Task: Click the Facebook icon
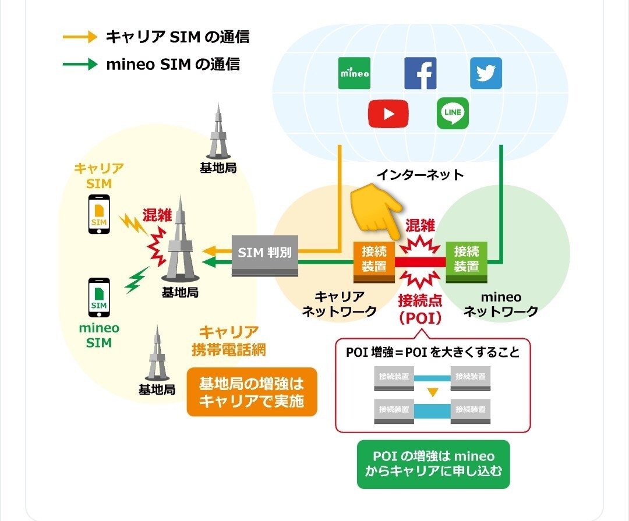pyautogui.click(x=420, y=73)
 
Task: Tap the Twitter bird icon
pyautogui.click(x=486, y=73)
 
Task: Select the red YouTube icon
pyautogui.click(x=388, y=113)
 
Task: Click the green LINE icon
pyautogui.click(x=453, y=113)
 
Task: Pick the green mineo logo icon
pyautogui.click(x=354, y=73)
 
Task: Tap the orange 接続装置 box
pyautogui.click(x=374, y=260)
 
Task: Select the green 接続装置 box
pyautogui.click(x=466, y=260)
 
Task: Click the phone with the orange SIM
pyautogui.click(x=99, y=214)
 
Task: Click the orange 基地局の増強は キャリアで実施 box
pyautogui.click(x=252, y=392)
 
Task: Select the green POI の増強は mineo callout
pyautogui.click(x=433, y=463)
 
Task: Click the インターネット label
pyautogui.click(x=420, y=175)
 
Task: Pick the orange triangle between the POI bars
pyautogui.click(x=432, y=392)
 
